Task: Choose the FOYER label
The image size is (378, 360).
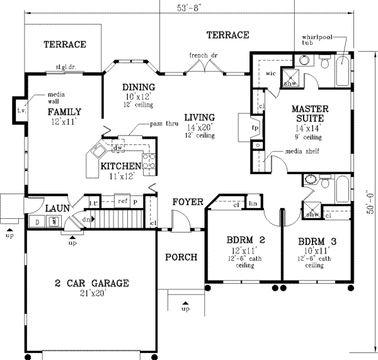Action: (187, 202)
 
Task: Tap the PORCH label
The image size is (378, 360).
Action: (181, 257)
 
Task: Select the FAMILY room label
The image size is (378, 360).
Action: (64, 112)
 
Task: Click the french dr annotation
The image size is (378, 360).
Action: (203, 55)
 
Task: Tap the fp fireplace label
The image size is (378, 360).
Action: (255, 126)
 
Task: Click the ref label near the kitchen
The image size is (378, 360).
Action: (123, 200)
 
